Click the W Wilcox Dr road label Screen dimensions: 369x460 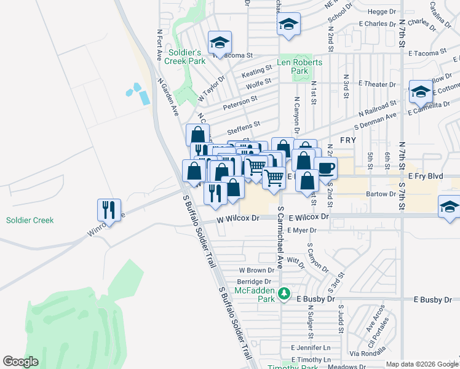239,218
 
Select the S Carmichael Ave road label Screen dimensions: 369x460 279,237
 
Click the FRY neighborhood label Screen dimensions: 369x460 348,140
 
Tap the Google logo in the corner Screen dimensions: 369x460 20,362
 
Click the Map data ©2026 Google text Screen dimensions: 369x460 422,364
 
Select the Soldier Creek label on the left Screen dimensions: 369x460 30,220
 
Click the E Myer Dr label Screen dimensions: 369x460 301,230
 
